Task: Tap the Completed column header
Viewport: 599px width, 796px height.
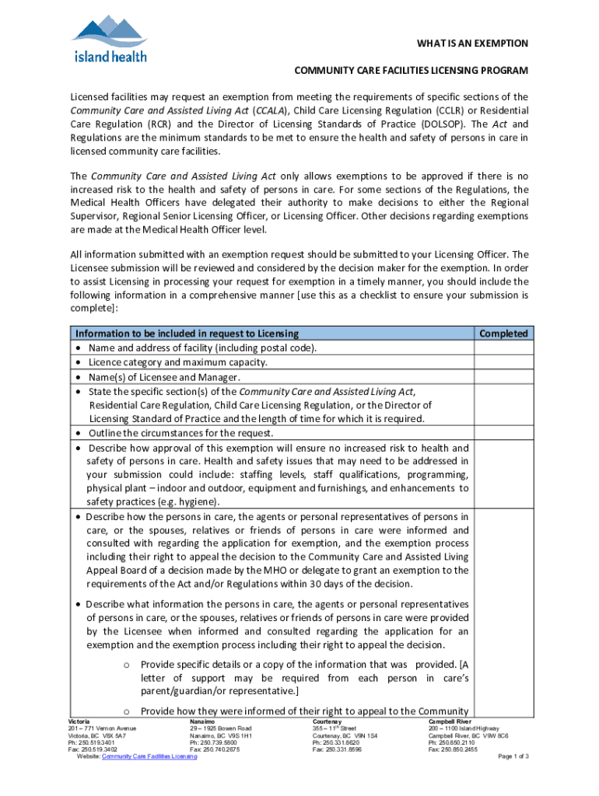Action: point(503,333)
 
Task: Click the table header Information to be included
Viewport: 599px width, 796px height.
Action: point(186,333)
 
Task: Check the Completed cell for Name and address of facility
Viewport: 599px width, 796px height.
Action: point(503,348)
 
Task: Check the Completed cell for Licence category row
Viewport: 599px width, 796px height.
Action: point(503,362)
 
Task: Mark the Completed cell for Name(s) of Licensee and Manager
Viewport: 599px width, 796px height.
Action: point(503,377)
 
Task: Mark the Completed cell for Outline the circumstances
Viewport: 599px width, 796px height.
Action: point(503,433)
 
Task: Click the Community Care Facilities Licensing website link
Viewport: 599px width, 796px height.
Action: point(149,757)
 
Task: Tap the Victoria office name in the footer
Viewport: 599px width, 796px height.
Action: point(80,721)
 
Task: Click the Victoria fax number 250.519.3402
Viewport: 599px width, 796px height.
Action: point(98,749)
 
